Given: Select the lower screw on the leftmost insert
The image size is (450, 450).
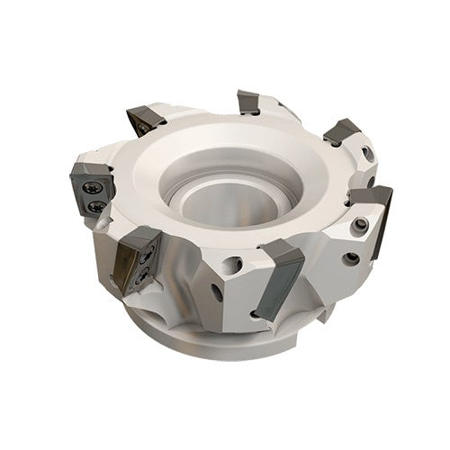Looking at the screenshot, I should coord(95,208).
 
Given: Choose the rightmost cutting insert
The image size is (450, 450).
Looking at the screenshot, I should coord(371,200).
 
